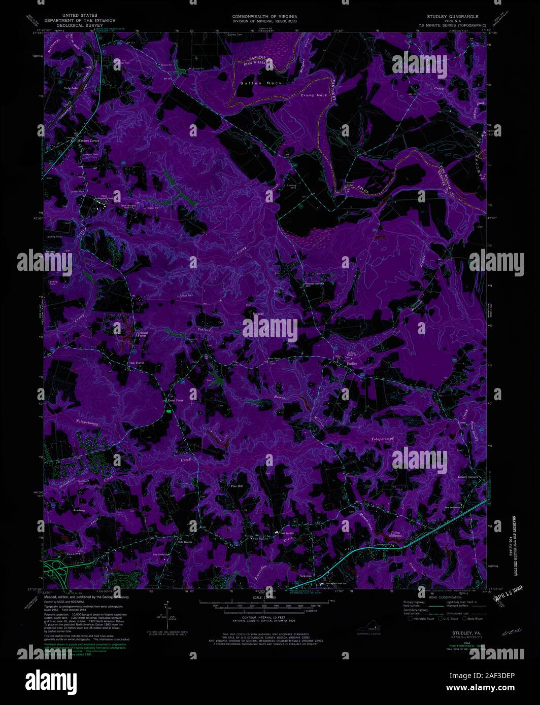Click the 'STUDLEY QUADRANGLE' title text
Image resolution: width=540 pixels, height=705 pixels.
tap(453, 17)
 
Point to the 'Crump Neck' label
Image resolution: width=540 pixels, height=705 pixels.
tap(314, 95)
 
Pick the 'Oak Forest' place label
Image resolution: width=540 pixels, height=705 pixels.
tap(137, 363)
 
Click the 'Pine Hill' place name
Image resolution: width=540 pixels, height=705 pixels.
tap(237, 486)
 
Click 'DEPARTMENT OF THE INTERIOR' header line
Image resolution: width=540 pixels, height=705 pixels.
tap(80, 21)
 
